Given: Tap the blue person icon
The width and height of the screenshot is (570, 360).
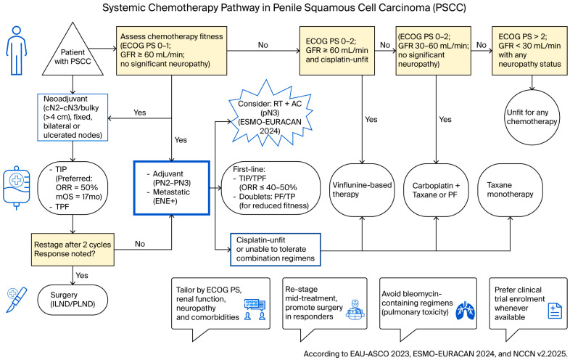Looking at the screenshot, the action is tap(17, 51).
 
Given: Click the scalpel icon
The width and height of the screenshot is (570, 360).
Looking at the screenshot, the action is tap(17, 300).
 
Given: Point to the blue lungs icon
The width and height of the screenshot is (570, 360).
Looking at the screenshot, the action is tap(466, 311).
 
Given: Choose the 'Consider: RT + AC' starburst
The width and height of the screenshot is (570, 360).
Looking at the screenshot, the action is tap(270, 117).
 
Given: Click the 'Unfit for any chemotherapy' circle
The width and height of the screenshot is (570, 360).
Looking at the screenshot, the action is tap(532, 117).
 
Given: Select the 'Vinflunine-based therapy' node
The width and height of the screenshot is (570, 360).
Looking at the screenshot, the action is tap(362, 189).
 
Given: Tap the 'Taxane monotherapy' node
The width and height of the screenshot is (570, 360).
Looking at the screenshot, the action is tap(510, 189).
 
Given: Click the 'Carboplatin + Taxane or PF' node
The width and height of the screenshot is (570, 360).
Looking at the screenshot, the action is tap(437, 189).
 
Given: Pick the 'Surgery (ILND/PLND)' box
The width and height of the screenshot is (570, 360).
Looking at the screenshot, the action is tap(73, 300).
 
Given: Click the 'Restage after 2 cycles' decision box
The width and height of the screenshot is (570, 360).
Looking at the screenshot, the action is tap(73, 250).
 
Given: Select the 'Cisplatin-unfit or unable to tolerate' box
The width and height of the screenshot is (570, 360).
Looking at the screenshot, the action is tap(276, 250).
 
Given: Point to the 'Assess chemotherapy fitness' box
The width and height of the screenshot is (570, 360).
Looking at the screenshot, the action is tap(172, 51).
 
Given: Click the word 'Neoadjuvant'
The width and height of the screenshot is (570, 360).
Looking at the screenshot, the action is tap(65, 99).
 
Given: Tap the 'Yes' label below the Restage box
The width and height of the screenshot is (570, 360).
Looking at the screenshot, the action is tap(82, 275).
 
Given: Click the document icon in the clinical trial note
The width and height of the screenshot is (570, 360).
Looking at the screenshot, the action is tap(555, 311).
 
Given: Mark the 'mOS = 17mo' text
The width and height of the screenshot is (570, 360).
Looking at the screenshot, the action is tap(79, 197).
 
